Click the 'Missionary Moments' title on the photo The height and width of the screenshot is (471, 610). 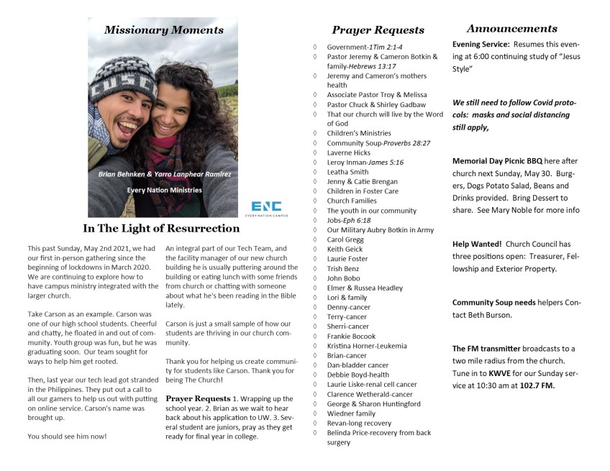[163, 30]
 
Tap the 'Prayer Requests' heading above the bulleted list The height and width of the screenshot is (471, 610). [378, 30]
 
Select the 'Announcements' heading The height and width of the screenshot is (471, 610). [511, 29]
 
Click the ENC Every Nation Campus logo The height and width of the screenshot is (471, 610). [266, 208]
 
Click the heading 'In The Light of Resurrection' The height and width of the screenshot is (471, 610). [161, 229]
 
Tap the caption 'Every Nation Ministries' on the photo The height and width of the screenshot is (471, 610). [164, 190]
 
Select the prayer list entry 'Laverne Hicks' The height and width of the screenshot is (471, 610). [348, 153]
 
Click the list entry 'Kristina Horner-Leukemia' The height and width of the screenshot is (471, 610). [367, 346]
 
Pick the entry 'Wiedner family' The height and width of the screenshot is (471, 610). [351, 413]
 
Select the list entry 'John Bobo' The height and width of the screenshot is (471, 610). [343, 278]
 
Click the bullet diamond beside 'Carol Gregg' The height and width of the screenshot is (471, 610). [315, 239]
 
